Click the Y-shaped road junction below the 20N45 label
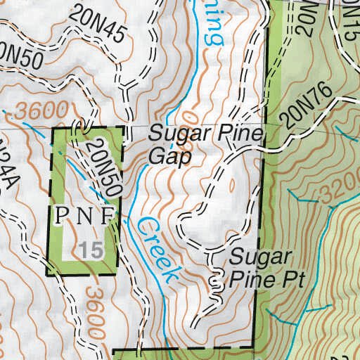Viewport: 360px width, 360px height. pyautogui.click(x=127, y=88)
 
